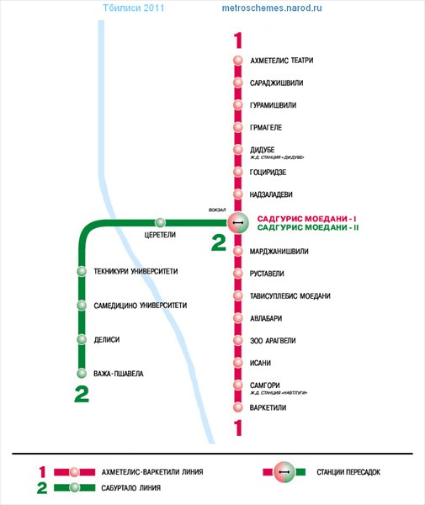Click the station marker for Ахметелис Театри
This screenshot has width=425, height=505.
click(238, 61)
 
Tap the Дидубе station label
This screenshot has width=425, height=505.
click(262, 150)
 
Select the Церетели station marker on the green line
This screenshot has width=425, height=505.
click(160, 222)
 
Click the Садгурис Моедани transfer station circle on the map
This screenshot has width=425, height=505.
click(238, 222)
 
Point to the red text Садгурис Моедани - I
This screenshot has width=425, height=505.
click(307, 219)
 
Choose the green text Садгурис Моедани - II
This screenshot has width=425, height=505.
click(308, 228)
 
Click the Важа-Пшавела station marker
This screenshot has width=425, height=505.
click(82, 373)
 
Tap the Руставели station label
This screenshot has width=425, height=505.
click(267, 274)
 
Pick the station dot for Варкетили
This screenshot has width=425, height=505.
click(238, 407)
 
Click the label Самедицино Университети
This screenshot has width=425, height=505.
click(141, 306)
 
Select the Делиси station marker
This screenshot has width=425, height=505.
click(82, 339)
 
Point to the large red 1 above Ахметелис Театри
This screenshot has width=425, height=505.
click(238, 40)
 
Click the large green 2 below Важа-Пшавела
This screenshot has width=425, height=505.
click(82, 395)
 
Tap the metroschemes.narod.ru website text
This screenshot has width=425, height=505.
click(272, 8)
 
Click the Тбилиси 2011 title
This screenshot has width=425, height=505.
click(133, 8)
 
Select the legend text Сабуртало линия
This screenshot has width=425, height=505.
click(130, 488)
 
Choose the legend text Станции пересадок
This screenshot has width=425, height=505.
click(348, 472)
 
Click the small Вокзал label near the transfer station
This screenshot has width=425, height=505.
click(217, 210)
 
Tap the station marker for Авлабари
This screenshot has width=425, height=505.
click(238, 318)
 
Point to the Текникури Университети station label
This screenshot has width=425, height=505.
click(135, 272)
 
